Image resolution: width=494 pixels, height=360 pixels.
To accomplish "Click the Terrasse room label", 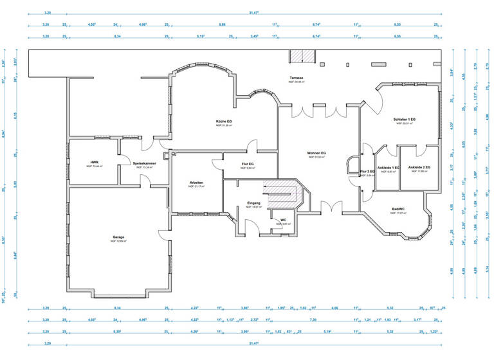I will click(x=297, y=78).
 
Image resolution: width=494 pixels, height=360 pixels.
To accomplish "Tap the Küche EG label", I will click(x=224, y=121).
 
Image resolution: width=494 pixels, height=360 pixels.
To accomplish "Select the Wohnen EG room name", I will click(x=316, y=153).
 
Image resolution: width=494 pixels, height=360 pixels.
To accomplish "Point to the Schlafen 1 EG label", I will click(x=405, y=120).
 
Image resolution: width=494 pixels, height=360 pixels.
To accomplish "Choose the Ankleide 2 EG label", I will click(x=419, y=167).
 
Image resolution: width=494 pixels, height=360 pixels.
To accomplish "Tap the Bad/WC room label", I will click(x=398, y=208).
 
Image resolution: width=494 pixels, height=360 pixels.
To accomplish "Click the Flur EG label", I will click(x=248, y=164).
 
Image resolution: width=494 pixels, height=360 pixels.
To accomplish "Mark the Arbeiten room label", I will click(x=196, y=183).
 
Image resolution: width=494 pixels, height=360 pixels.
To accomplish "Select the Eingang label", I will click(x=253, y=203).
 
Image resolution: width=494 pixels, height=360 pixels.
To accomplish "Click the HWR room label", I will click(x=94, y=162).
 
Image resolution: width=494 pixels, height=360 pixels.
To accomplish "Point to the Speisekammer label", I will click(x=145, y=163).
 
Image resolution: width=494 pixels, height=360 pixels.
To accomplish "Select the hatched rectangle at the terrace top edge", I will click(x=300, y=57).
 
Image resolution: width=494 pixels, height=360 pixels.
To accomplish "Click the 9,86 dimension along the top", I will click(x=222, y=24).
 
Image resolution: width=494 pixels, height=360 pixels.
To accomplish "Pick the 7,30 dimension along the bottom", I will click(x=313, y=319).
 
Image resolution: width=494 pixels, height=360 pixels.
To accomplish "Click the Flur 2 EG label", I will click(x=367, y=172).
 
